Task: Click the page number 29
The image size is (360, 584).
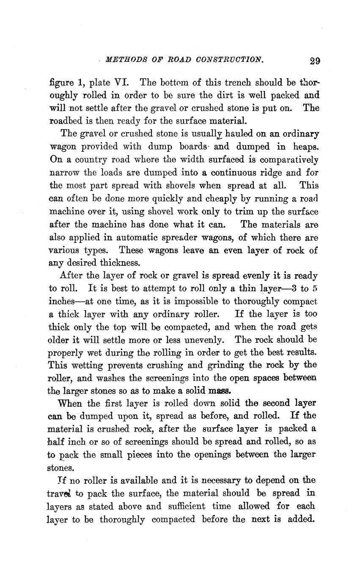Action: (314, 60)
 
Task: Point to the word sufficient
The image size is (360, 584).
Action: (187, 506)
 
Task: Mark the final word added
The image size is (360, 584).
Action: (302, 519)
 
